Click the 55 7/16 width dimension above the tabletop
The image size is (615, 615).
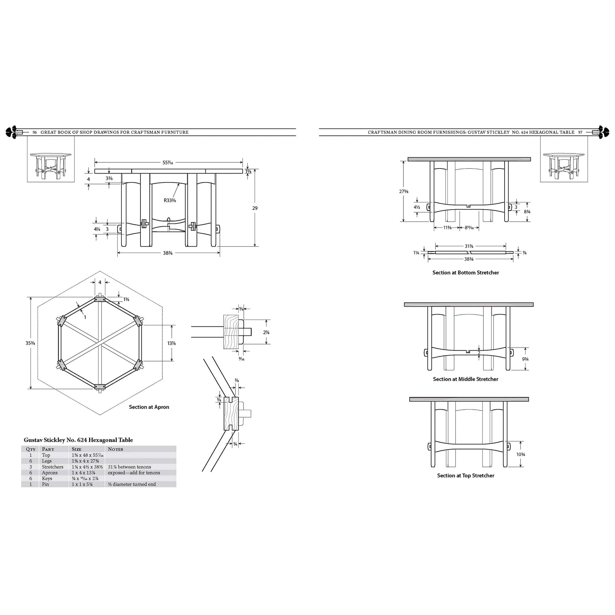pos(168,163)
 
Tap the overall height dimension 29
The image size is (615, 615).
pos(255,208)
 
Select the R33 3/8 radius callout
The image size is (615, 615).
pos(170,200)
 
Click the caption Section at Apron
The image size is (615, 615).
pos(149,407)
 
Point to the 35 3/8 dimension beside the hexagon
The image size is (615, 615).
pos(30,343)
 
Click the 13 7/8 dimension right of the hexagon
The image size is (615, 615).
pos(172,343)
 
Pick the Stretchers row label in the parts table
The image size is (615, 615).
pos(53,467)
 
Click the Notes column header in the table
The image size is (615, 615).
pos(115,449)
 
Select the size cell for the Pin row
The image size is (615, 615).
pos(82,484)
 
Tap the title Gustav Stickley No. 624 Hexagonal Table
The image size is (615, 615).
pos(78,440)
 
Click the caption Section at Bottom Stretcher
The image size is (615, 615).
pos(465,272)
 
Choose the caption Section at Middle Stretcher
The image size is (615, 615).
pos(465,379)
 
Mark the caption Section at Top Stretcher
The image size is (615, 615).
pos(465,476)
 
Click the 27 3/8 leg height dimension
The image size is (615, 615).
pos(404,191)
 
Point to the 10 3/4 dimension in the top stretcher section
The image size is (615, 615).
pos(521,454)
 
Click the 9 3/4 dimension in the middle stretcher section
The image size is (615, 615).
pos(525,359)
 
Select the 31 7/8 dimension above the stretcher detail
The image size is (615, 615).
pos(469,246)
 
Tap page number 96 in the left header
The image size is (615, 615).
pos(35,133)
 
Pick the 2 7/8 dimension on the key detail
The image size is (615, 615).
pos(266,332)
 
